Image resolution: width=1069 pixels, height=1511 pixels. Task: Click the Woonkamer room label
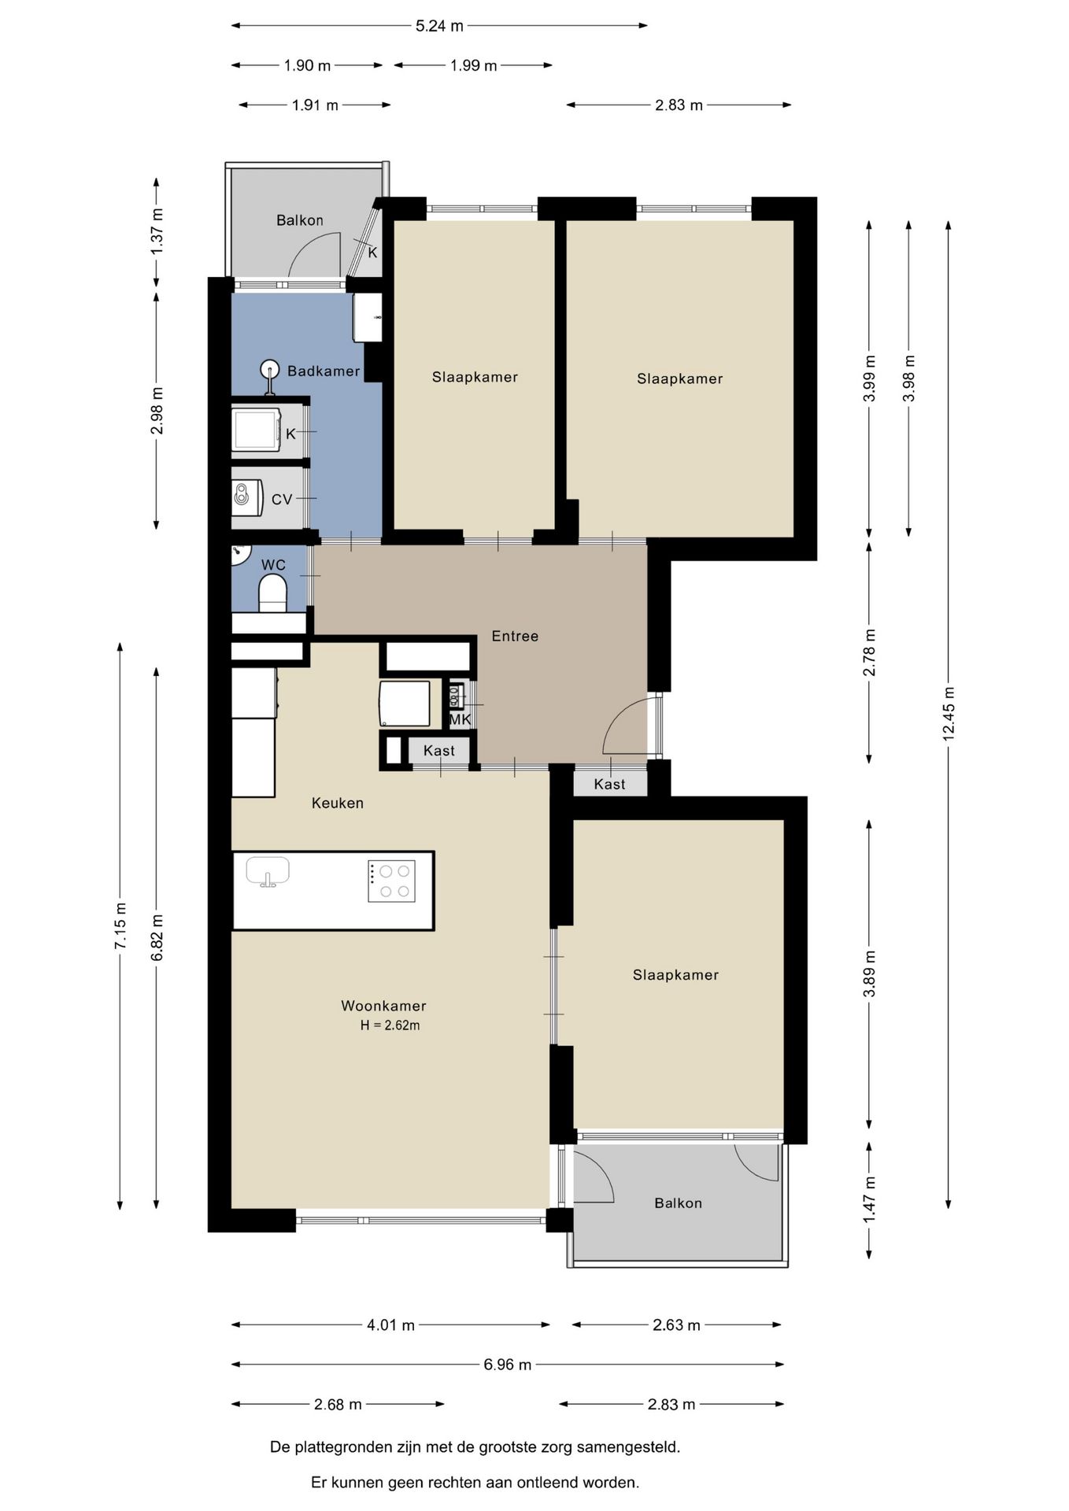pyautogui.click(x=383, y=1006)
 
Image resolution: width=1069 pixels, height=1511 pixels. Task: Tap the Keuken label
pyautogui.click(x=338, y=804)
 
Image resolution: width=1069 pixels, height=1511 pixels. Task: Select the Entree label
pyautogui.click(x=515, y=636)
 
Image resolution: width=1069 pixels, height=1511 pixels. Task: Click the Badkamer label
pyautogui.click(x=324, y=371)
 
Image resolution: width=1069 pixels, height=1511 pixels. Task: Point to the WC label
pyautogui.click(x=273, y=565)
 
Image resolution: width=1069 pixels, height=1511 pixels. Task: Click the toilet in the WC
pyautogui.click(x=272, y=593)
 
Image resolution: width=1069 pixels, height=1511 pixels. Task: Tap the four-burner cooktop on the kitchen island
pyautogui.click(x=391, y=881)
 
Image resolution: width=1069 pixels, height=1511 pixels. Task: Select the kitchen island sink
pyautogui.click(x=268, y=871)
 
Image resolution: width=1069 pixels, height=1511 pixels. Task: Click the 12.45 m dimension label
pyautogui.click(x=949, y=714)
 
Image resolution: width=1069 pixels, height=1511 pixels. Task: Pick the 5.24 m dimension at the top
pyautogui.click(x=439, y=26)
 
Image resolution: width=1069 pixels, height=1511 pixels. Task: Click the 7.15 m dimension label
pyautogui.click(x=120, y=924)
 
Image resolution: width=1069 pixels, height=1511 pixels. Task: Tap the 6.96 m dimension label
pyautogui.click(x=508, y=1365)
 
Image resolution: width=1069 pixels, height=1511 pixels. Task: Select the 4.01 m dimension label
pyautogui.click(x=390, y=1325)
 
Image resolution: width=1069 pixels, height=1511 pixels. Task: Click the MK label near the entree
pyautogui.click(x=460, y=719)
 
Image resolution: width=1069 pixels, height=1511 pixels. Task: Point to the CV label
pyautogui.click(x=282, y=500)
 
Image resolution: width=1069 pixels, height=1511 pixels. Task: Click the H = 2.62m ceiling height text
pyautogui.click(x=390, y=1025)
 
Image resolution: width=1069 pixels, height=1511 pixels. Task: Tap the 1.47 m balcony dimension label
pyautogui.click(x=870, y=1199)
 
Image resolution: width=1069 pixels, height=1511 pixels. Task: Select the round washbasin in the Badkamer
pyautogui.click(x=270, y=368)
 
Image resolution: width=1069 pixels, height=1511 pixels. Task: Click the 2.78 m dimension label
pyautogui.click(x=869, y=652)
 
